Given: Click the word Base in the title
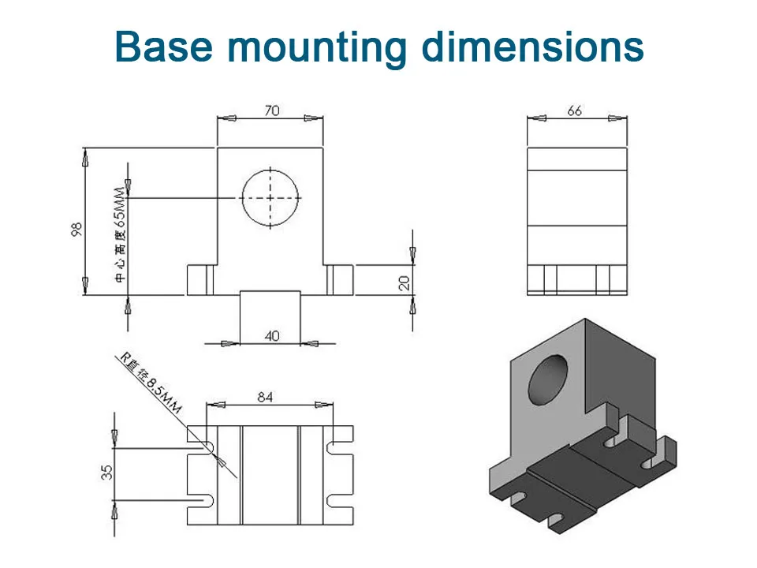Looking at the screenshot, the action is (164, 47).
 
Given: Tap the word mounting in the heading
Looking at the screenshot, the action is (317, 49).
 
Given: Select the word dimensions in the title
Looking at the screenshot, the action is (532, 47).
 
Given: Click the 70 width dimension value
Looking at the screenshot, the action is (272, 110).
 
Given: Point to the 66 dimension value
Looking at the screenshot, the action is (574, 111).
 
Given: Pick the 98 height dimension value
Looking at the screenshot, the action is (76, 230).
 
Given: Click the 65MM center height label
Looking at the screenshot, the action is (120, 207).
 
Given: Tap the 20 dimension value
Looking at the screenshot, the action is (404, 282).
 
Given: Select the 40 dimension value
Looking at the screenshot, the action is (272, 336).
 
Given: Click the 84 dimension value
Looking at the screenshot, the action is (265, 397).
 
